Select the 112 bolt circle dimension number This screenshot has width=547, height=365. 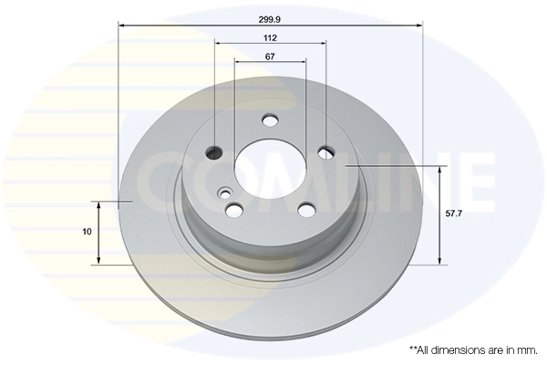point(270,37)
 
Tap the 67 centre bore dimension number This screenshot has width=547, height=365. point(270,57)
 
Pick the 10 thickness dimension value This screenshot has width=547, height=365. point(87,232)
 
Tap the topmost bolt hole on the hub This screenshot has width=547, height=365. point(270,120)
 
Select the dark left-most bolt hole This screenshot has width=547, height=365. point(215,151)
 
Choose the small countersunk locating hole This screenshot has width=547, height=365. point(225,192)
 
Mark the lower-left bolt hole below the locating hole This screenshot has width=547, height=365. point(234,211)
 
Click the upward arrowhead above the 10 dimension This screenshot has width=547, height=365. point(99,204)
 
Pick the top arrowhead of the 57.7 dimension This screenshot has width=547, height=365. point(441,172)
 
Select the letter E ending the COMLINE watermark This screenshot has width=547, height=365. point(474,178)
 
